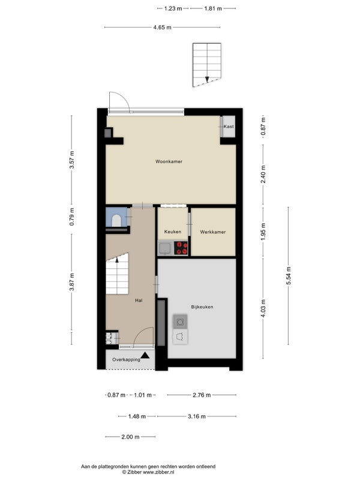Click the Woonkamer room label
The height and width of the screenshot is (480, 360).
point(169,161)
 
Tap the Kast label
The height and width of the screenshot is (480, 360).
point(229,127)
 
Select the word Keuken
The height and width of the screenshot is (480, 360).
point(173,232)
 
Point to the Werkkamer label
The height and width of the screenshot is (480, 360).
point(213,232)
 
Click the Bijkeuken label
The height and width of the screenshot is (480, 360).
point(202,307)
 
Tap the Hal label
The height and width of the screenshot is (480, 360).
point(139,301)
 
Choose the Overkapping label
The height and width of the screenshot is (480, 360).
point(126,359)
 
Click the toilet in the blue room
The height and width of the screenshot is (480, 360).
point(116,220)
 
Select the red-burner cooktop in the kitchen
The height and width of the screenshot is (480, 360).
point(181,248)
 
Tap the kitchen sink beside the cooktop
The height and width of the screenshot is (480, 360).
point(166,248)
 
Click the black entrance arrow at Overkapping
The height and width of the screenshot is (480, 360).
point(145,355)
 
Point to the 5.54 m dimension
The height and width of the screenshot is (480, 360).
point(289,276)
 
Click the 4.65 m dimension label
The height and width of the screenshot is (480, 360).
point(162,27)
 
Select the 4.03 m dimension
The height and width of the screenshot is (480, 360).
point(263,308)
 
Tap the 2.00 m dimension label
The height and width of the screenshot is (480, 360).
point(130,437)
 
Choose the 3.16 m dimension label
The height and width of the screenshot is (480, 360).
point(197,416)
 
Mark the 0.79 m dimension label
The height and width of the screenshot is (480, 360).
point(71,217)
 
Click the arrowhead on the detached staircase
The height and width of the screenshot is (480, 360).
point(207,79)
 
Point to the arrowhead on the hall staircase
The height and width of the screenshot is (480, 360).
point(116,260)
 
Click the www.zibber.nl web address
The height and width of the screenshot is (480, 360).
point(158,472)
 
